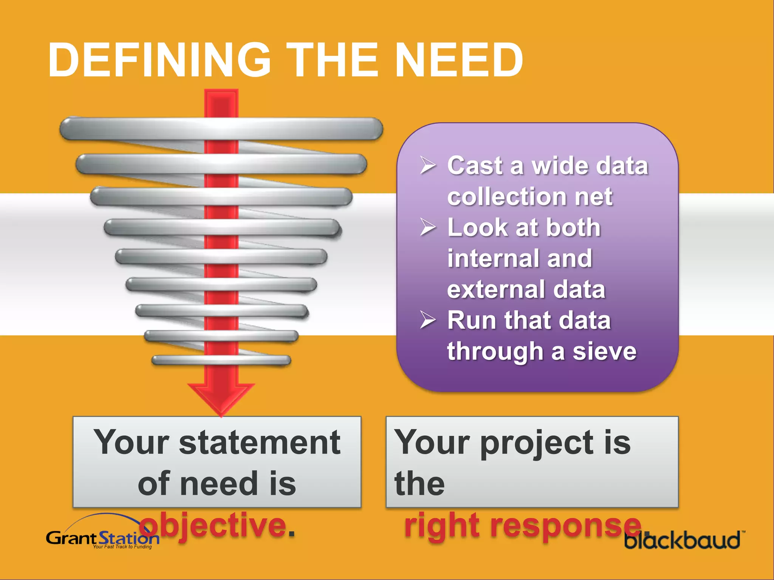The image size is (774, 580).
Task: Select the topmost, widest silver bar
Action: (221, 128)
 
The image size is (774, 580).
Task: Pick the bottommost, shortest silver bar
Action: (221, 360)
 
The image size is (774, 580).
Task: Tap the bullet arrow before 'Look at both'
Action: (428, 227)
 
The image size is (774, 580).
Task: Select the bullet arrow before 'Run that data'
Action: (428, 320)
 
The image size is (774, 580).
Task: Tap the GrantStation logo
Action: (102, 536)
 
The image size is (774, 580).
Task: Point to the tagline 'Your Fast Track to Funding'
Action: (122, 547)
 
